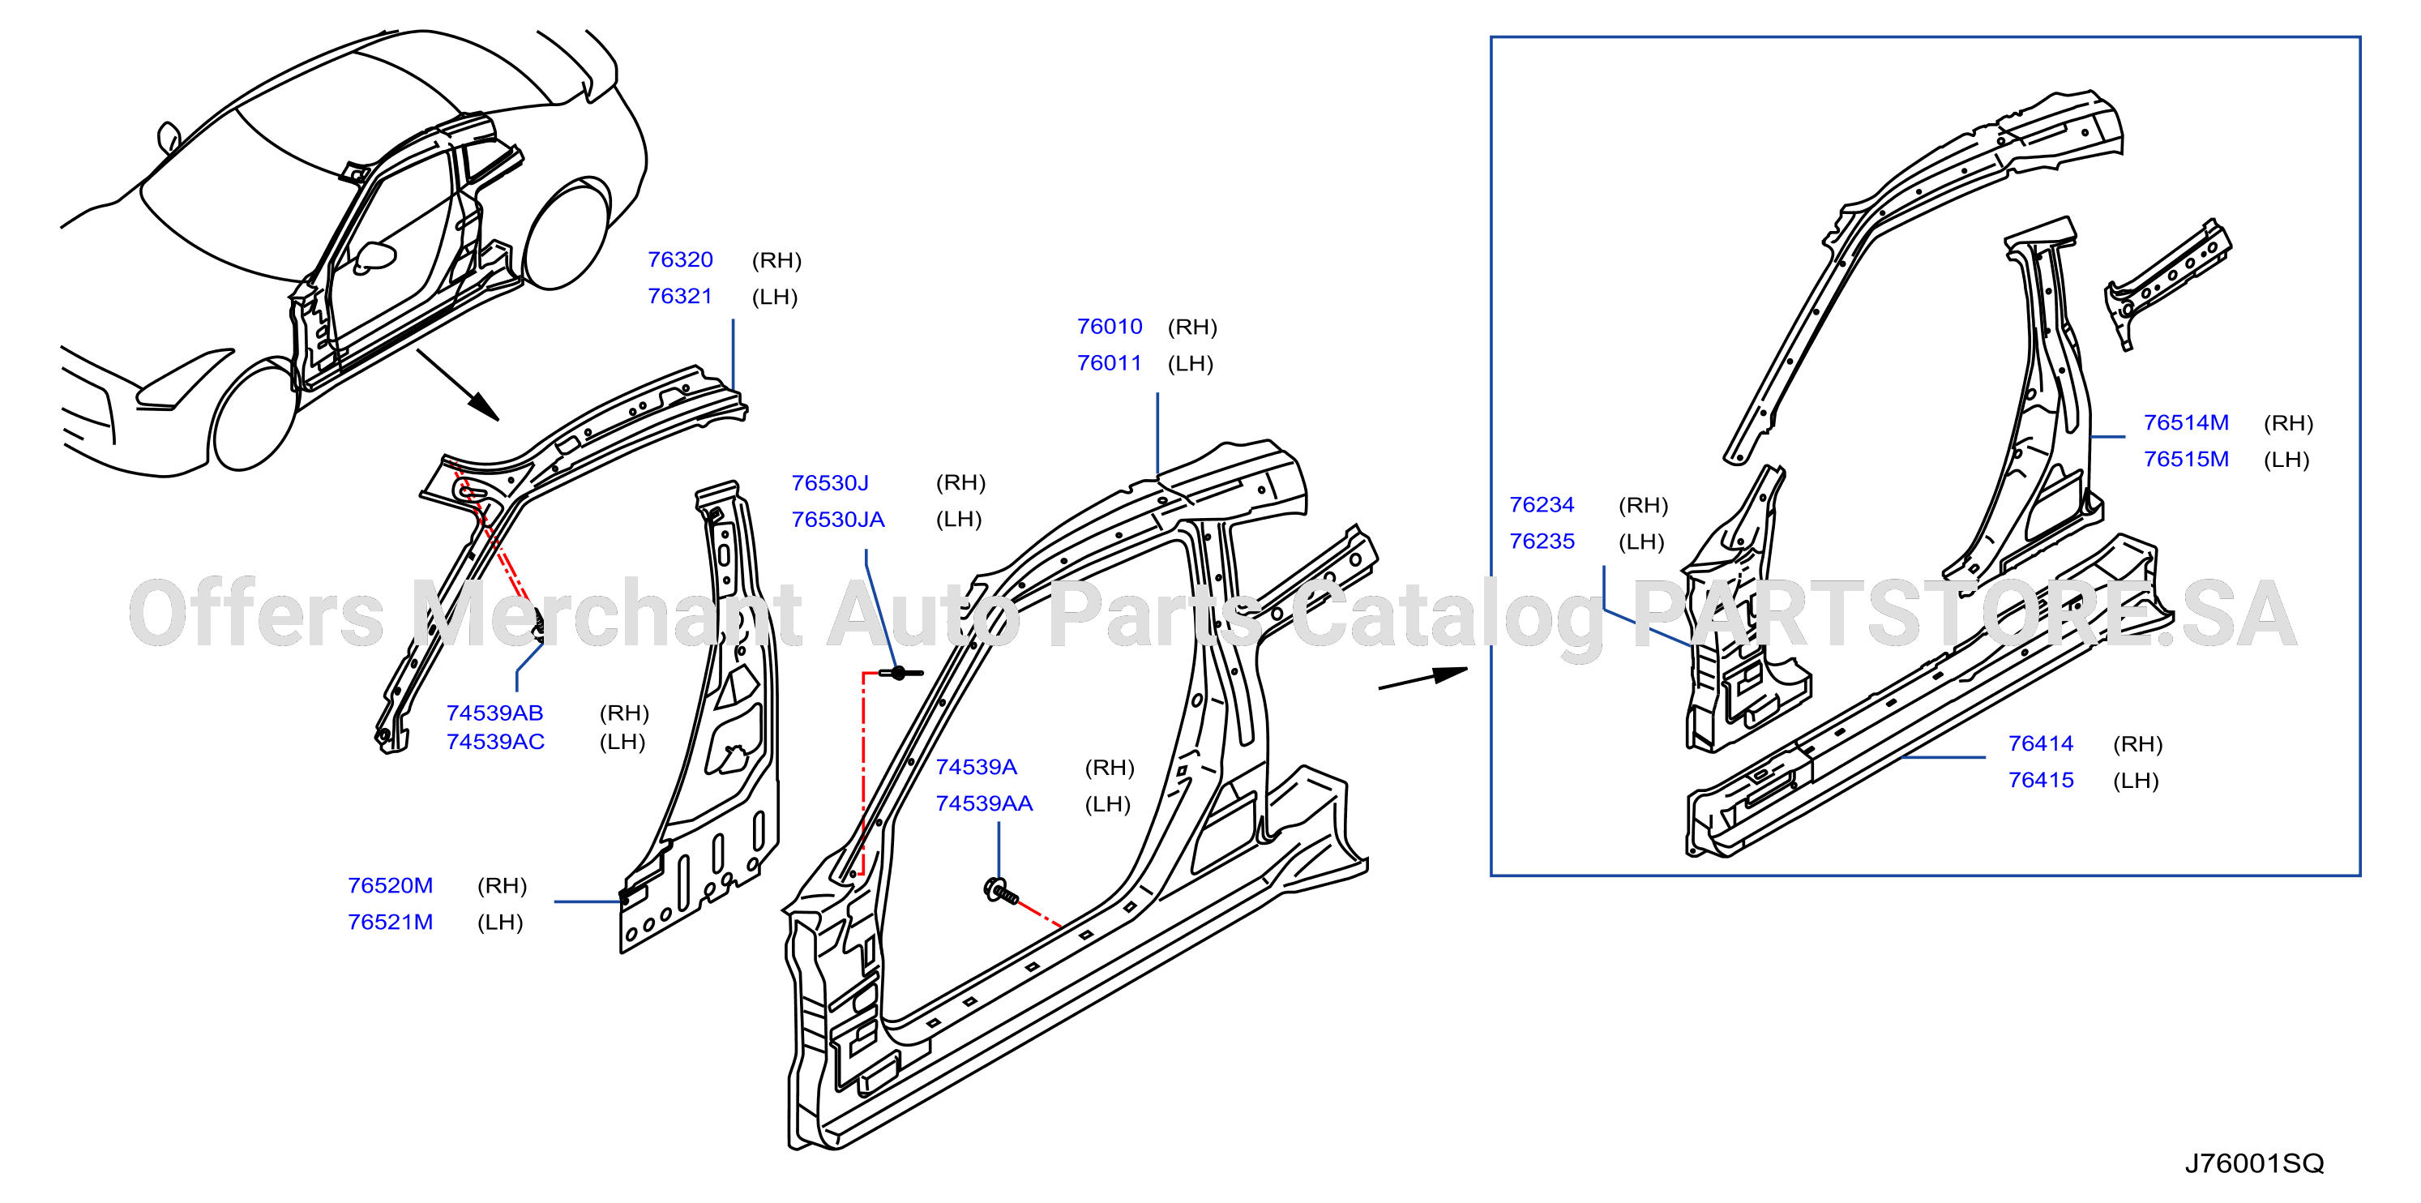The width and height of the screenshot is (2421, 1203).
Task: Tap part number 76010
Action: (1109, 326)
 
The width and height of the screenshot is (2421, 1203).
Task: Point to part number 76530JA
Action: (837, 519)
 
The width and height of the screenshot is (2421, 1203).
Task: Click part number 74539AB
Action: (494, 713)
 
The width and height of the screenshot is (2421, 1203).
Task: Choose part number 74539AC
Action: (495, 742)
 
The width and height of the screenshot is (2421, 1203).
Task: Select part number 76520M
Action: (390, 885)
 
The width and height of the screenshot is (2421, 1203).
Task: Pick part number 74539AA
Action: (984, 803)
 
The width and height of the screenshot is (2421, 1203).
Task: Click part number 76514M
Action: (2186, 422)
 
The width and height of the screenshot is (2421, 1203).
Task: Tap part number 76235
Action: (1542, 542)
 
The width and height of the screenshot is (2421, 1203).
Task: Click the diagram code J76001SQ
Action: (2254, 1163)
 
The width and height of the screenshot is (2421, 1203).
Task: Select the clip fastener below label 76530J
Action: (900, 673)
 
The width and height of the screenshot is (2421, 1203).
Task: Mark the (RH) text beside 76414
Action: (2137, 744)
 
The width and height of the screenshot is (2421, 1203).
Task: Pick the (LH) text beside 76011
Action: (1190, 364)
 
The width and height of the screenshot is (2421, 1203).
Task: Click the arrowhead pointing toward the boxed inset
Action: (1449, 674)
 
